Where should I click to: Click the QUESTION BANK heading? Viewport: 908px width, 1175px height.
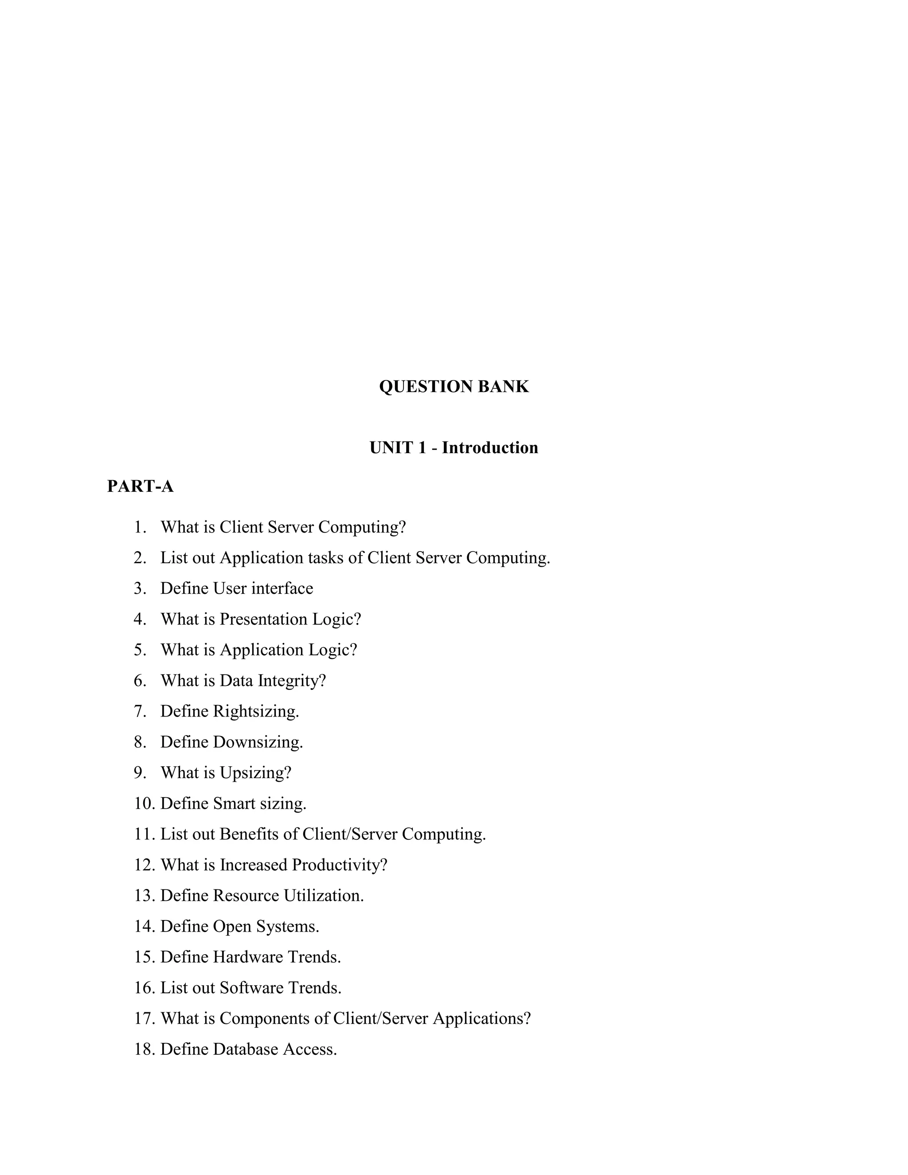point(454,386)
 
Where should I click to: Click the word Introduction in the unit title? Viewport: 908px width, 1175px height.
point(489,448)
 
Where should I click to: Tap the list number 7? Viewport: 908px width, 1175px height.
point(140,711)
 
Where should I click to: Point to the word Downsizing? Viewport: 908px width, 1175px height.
point(258,742)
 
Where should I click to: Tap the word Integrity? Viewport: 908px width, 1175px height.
point(292,681)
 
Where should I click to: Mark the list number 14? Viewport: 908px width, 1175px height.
point(144,926)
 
